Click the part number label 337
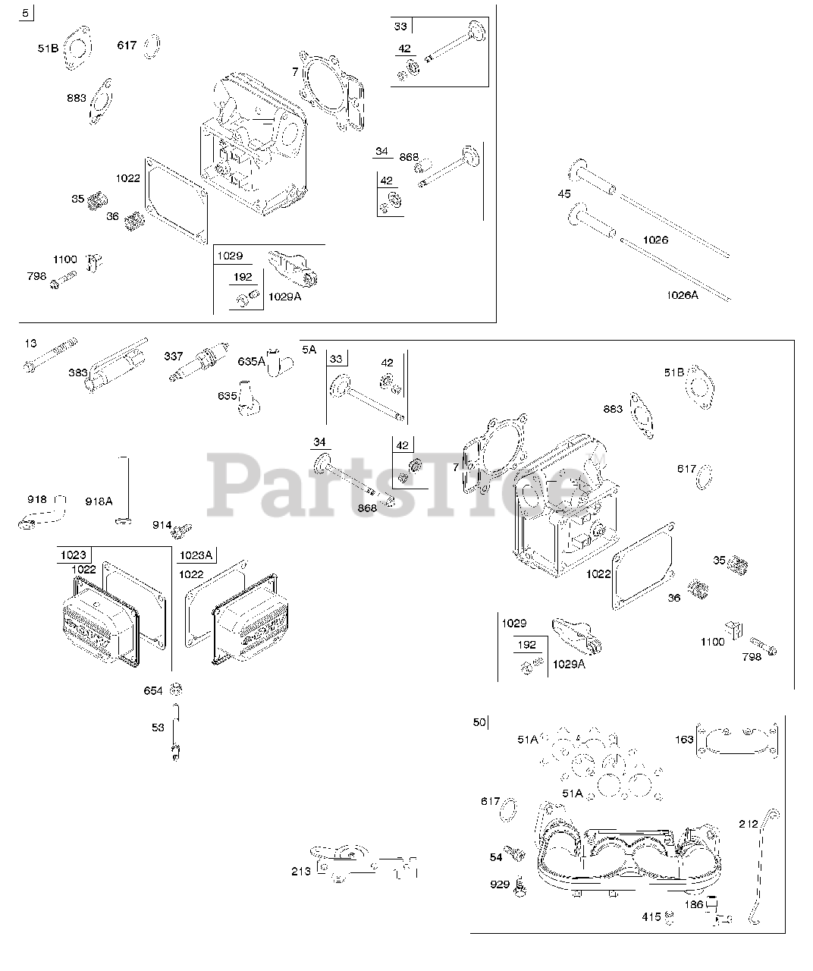pos(173,357)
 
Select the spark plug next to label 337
pos(199,362)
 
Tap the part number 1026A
pos(682,295)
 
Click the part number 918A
pos(99,501)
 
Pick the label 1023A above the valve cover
pos(196,555)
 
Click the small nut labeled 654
pos(176,690)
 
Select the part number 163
pos(684,740)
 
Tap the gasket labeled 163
pos(737,741)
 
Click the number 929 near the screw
pos(500,884)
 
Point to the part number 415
pos(651,916)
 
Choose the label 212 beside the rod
pos(749,824)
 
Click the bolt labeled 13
pos(50,355)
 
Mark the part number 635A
pos(251,361)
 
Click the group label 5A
pos(309,349)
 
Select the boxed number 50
pos(479,722)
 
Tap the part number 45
pos(563,193)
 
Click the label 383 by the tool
pos(77,372)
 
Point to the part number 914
pos(162,525)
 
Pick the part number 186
pos(693,904)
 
